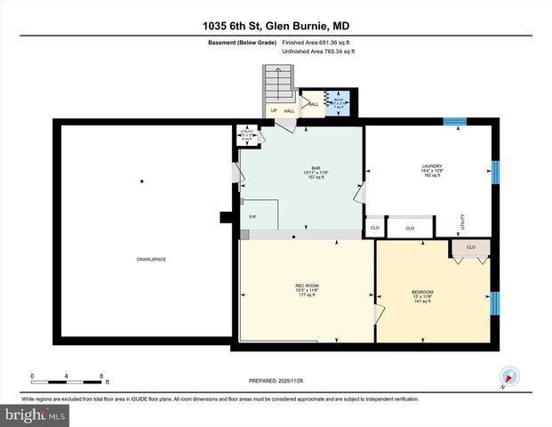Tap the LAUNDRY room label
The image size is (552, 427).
tap(432, 165)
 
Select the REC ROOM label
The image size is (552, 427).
tap(307, 286)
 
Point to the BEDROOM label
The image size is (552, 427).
tap(422, 293)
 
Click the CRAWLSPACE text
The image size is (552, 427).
tap(151, 259)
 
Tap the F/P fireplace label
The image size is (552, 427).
tap(252, 216)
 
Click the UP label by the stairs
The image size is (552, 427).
tap(273, 111)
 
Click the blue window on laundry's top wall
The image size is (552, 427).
tap(455, 121)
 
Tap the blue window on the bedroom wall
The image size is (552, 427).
tap(496, 303)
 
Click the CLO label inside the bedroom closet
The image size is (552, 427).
tap(470, 246)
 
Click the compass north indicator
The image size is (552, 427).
tap(508, 376)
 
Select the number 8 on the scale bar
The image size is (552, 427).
tap(102, 375)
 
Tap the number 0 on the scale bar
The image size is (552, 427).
tap(32, 375)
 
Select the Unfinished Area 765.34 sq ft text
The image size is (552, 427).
tap(318, 52)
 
